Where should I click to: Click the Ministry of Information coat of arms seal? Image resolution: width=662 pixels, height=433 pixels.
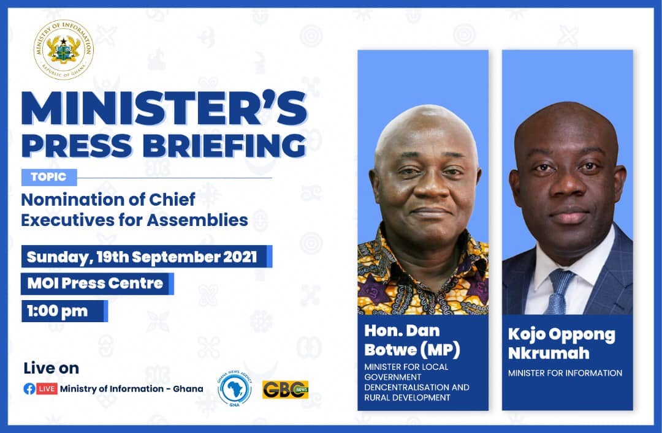(64, 50)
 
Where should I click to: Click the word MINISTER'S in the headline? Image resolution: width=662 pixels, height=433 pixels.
(164, 110)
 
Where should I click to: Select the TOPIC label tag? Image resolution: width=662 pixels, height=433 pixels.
(49, 178)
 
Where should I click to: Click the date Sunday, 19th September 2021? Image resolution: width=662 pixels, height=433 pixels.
(142, 257)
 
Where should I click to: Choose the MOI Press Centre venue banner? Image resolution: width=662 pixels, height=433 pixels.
(95, 284)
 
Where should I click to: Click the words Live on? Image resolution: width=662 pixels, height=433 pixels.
(51, 368)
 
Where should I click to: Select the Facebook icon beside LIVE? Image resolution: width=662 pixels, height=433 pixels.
(29, 389)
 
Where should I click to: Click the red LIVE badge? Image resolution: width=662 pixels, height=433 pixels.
(47, 389)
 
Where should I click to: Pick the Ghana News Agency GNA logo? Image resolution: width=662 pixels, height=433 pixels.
(234, 388)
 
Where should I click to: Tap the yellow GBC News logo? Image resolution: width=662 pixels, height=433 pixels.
(285, 389)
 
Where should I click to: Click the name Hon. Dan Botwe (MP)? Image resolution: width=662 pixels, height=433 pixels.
(411, 341)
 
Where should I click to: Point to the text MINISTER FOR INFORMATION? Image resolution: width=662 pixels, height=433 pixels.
(565, 373)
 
